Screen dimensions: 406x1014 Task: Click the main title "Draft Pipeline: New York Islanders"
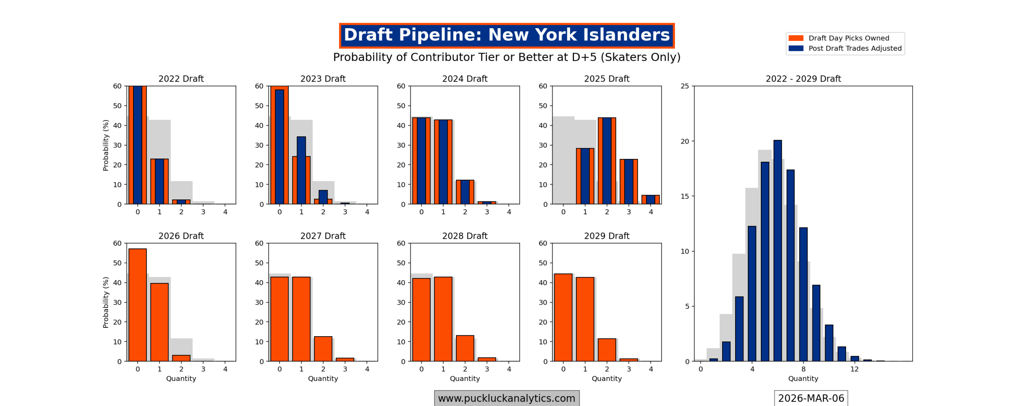pyautogui.click(x=506, y=35)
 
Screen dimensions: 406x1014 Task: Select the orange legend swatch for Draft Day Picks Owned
pyautogui.click(x=795, y=38)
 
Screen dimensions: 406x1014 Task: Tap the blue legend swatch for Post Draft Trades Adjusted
pyautogui.click(x=795, y=48)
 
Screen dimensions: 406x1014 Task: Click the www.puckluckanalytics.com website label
pyautogui.click(x=506, y=398)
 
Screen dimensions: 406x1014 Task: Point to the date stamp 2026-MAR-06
pyautogui.click(x=810, y=398)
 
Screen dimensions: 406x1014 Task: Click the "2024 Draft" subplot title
pyautogui.click(x=464, y=79)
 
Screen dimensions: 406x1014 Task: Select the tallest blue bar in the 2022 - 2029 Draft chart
pyautogui.click(x=777, y=250)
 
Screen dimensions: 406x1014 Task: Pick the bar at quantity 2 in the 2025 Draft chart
pyautogui.click(x=606, y=161)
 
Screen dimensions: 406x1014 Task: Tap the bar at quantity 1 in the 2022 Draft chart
pyautogui.click(x=159, y=181)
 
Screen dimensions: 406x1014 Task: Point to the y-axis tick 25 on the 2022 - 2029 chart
pyautogui.click(x=684, y=86)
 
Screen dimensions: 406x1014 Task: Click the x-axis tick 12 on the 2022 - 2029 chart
pyautogui.click(x=854, y=369)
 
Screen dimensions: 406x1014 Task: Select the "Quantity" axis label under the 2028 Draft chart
pyautogui.click(x=464, y=378)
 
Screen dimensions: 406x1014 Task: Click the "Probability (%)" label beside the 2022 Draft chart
pyautogui.click(x=105, y=145)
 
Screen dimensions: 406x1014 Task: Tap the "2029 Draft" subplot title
pyautogui.click(x=606, y=236)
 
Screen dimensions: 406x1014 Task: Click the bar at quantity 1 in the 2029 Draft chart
pyautogui.click(x=585, y=319)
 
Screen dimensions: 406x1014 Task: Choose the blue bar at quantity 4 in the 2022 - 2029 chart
pyautogui.click(x=751, y=293)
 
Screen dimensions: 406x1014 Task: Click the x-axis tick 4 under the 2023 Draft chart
pyautogui.click(x=367, y=212)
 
